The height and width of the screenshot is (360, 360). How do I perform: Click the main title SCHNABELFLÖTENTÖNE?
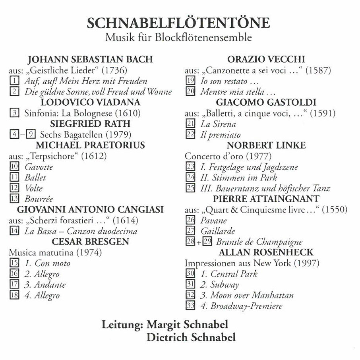point(178,23)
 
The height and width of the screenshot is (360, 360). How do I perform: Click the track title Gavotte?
point(39,167)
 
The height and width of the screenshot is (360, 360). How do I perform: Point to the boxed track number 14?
point(14,231)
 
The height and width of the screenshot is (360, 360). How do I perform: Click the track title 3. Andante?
point(45,285)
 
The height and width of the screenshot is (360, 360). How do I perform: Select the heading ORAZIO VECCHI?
point(266,60)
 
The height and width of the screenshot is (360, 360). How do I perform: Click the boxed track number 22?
point(190,135)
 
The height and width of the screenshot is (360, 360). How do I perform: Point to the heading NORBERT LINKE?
point(266,145)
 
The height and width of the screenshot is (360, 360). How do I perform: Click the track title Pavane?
point(213,220)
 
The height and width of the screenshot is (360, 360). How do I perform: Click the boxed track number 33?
point(190,306)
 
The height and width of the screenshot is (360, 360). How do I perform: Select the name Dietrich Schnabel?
point(191,338)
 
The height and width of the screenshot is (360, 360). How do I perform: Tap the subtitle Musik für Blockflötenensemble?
point(178,38)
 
